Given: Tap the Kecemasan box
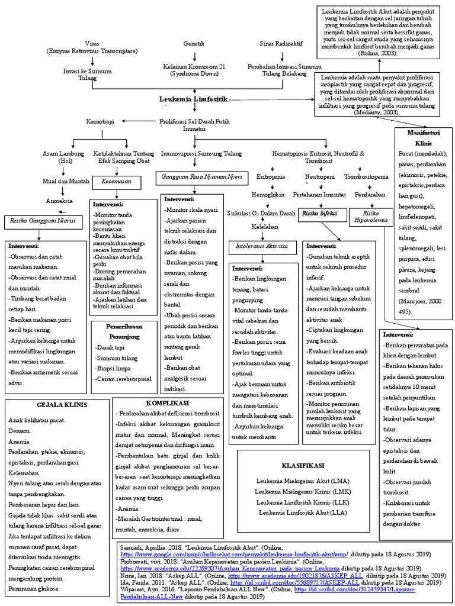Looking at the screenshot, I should [116, 182].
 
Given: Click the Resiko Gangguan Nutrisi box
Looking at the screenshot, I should [43, 222].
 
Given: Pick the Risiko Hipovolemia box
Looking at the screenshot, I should [371, 216].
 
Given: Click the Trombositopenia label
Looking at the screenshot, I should [366, 176].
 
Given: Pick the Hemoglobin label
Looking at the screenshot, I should [268, 194].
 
